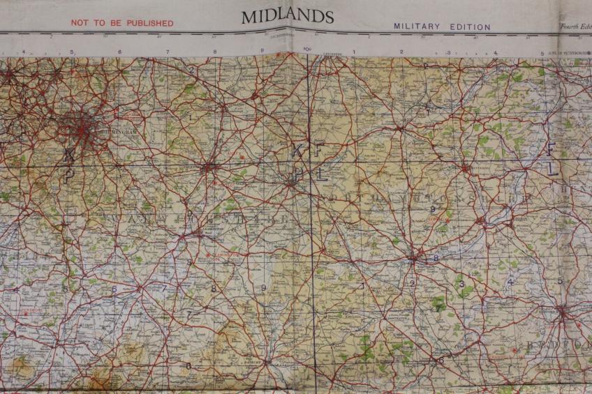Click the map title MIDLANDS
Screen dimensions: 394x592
click(287, 16)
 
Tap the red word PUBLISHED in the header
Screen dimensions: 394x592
click(149, 23)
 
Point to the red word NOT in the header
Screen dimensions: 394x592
click(81, 23)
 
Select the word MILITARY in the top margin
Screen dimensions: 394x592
click(417, 26)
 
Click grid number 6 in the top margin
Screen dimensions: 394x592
click(119, 52)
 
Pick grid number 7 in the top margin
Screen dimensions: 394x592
click(168, 52)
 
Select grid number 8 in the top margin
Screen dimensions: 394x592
click(215, 52)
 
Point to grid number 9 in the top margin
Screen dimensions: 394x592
click(262, 52)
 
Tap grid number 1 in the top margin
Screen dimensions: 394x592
click(354, 52)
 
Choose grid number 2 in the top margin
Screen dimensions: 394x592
click(401, 52)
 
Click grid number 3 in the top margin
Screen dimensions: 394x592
click(448, 52)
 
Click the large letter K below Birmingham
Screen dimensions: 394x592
click(68, 153)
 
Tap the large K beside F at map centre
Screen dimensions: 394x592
click(298, 149)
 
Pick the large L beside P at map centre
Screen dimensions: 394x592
click(320, 174)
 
